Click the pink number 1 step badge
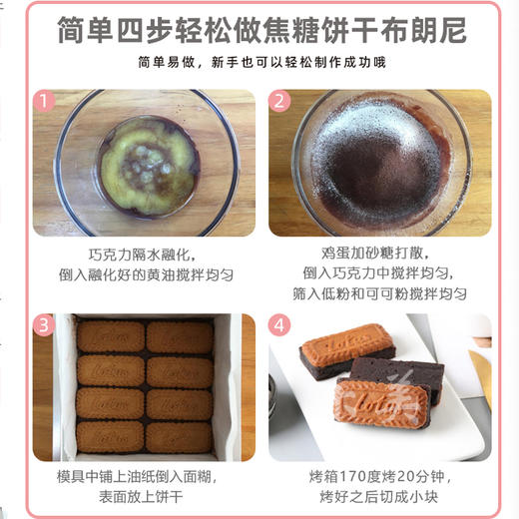(43, 101)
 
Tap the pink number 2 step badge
(280, 101)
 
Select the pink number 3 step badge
(43, 324)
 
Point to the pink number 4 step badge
(280, 324)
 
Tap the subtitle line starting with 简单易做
(260, 64)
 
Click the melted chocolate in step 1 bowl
(145, 165)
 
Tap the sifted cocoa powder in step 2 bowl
(374, 165)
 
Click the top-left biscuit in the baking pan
(111, 337)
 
